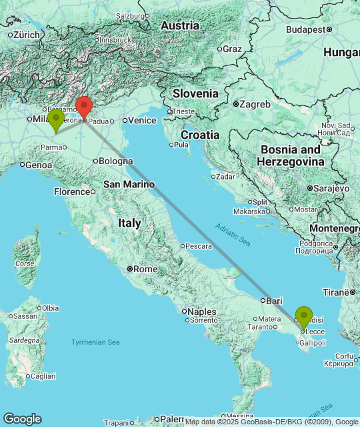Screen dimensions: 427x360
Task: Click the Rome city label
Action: (145, 269)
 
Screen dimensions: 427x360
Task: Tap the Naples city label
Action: (201, 312)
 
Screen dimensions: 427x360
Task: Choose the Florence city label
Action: (71, 191)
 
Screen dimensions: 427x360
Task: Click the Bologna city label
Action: (113, 161)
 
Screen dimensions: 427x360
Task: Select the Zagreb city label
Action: (257, 104)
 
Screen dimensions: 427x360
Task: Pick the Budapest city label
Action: (309, 29)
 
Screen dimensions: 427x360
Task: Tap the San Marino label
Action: (128, 184)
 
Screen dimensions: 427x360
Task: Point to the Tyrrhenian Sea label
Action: (95, 342)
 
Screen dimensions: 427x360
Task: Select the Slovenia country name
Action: (195, 93)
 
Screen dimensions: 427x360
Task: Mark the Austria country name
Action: (180, 25)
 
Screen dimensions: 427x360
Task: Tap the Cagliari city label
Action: (43, 376)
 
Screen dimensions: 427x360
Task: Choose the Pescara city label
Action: (198, 246)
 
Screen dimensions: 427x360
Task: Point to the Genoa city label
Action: (38, 165)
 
